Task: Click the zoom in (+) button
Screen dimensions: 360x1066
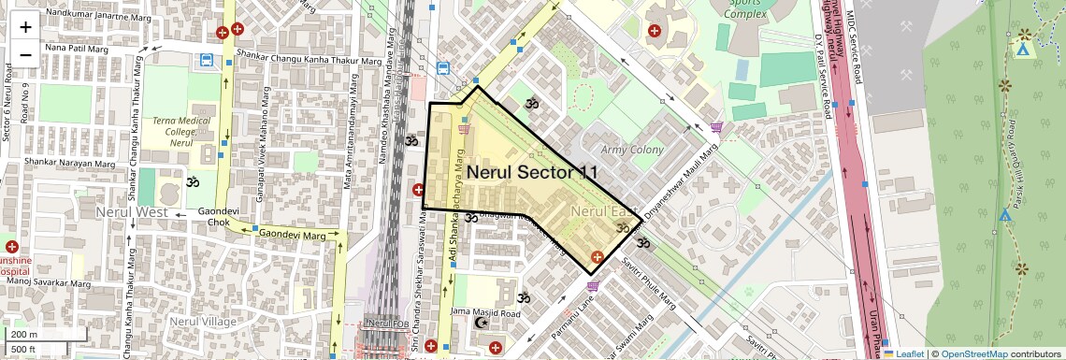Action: (25, 26)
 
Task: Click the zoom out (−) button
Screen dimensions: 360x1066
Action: (25, 54)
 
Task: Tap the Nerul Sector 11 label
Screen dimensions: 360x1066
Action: (531, 172)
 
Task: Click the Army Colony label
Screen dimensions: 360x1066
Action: (632, 150)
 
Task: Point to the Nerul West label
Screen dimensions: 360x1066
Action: (131, 213)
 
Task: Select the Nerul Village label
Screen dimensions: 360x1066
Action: (203, 321)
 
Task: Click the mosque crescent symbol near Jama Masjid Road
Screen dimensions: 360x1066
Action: (483, 323)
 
